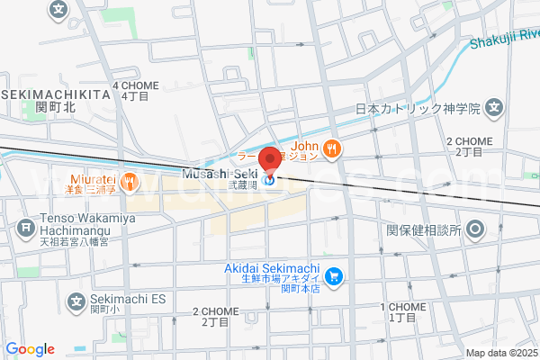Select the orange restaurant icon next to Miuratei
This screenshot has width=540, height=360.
[130, 182]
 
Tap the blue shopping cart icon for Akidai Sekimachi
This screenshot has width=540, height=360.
[334, 275]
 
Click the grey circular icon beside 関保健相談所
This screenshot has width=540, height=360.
[475, 229]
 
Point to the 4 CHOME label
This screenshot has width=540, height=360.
[135, 85]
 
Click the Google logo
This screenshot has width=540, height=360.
[31, 349]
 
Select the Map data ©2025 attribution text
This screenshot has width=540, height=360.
[499, 353]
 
